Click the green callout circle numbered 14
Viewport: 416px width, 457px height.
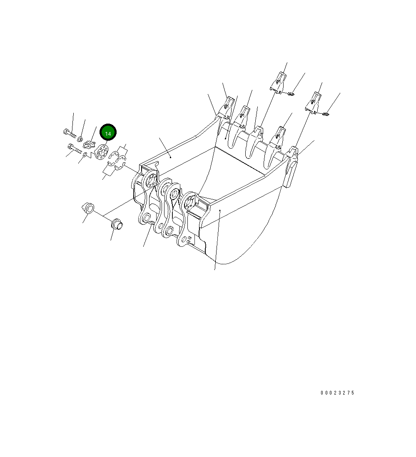pyautogui.click(x=108, y=133)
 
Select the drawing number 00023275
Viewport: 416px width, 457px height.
pyautogui.click(x=337, y=393)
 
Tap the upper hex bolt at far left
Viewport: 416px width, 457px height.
pyautogui.click(x=69, y=133)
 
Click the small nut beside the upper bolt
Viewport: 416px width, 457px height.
pyautogui.click(x=81, y=138)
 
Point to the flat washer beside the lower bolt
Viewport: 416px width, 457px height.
pyautogui.click(x=85, y=155)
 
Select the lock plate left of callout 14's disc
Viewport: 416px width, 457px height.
pyautogui.click(x=90, y=145)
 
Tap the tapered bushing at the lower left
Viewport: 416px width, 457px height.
pyautogui.click(x=87, y=207)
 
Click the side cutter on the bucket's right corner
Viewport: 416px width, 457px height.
pyautogui.click(x=292, y=166)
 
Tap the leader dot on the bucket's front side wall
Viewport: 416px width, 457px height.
pyautogui.click(x=219, y=211)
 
